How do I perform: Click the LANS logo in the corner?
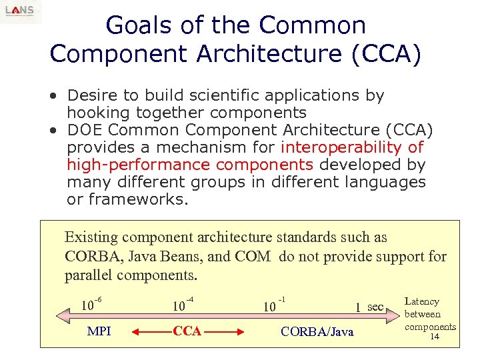click(x=20, y=11)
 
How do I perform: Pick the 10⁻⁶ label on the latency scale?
click(x=91, y=305)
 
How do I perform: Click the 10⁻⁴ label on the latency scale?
click(x=182, y=305)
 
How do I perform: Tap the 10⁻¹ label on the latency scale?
click(x=274, y=306)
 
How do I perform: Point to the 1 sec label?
click(x=369, y=307)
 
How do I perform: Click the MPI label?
click(x=99, y=331)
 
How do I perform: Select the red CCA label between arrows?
click(x=187, y=331)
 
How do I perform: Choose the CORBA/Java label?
click(x=317, y=332)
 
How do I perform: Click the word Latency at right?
click(x=422, y=302)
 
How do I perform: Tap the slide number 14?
click(x=434, y=337)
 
